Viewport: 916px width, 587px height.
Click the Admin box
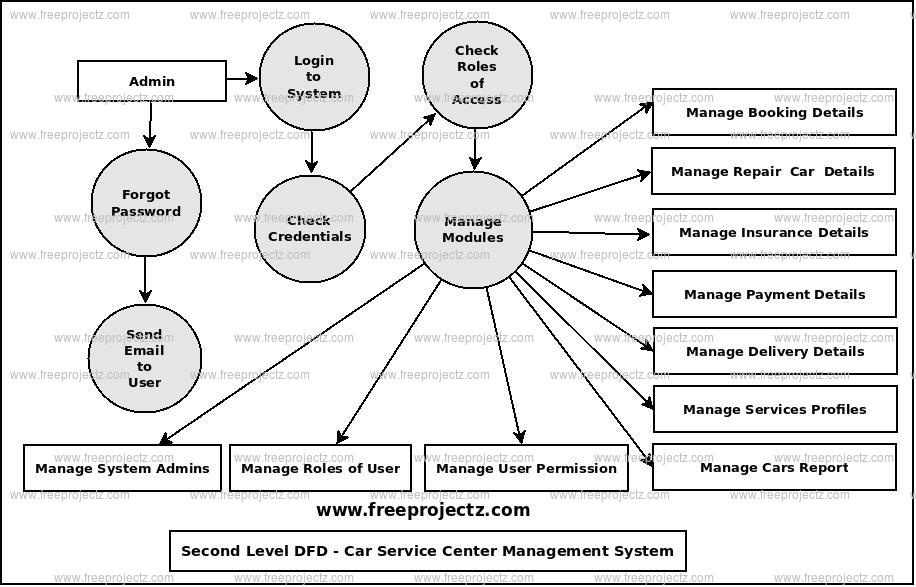[152, 82]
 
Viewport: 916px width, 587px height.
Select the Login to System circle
[314, 77]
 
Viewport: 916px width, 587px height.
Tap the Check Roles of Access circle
[476, 75]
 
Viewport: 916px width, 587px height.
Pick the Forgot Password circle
[146, 203]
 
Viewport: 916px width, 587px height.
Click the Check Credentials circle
[310, 228]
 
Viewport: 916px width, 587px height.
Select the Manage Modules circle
[473, 229]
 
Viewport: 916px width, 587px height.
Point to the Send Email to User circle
[145, 358]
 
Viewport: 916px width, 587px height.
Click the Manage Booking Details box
[774, 112]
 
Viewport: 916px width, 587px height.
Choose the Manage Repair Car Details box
[773, 171]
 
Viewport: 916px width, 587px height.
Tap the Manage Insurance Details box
[773, 232]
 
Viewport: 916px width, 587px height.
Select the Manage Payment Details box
[774, 294]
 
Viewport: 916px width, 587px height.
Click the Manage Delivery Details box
[774, 351]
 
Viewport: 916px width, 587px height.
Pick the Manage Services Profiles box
[774, 409]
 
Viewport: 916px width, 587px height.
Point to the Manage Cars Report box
[774, 467]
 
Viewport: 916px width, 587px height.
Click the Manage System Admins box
[122, 468]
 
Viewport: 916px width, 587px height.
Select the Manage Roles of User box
[320, 468]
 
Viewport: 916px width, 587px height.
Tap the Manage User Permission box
[526, 468]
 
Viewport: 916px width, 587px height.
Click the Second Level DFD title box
[428, 551]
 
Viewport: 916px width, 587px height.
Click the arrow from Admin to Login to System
[242, 78]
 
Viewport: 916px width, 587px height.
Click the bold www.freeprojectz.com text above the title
[423, 510]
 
